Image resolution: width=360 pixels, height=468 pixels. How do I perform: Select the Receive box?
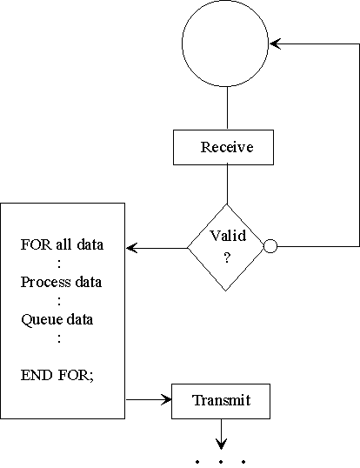[x=223, y=147]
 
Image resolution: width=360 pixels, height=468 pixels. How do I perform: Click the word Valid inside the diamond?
[x=228, y=236]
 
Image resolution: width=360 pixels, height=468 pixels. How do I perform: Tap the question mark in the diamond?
[x=227, y=257]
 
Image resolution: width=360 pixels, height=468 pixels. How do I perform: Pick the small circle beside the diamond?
[x=270, y=246]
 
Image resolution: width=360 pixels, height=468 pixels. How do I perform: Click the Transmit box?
[x=221, y=401]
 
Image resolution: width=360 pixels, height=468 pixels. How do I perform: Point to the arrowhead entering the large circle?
[x=275, y=43]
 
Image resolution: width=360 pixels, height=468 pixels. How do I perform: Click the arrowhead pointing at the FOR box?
[x=132, y=248]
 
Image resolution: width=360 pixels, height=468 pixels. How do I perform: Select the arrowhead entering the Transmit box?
[x=166, y=399]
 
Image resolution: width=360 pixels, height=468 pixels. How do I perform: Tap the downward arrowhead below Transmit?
[x=221, y=444]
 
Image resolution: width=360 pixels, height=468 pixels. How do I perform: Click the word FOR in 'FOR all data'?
[x=37, y=244]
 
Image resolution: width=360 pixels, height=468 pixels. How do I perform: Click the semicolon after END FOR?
[x=91, y=377]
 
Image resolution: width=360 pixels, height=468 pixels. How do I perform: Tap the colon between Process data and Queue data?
[x=59, y=301]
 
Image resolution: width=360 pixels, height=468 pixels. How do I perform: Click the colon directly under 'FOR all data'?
[x=59, y=264]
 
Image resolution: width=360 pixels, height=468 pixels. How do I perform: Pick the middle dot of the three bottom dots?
[x=221, y=462]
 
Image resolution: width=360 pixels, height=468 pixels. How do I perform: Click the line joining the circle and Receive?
[x=227, y=108]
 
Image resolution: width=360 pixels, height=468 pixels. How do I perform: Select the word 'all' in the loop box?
[x=63, y=244]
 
